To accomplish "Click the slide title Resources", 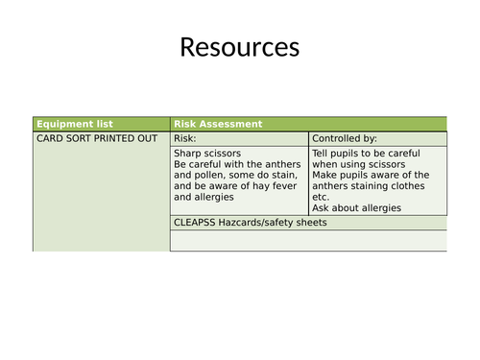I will coord(239,47).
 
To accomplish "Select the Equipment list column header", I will coord(74,124).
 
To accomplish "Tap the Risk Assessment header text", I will coord(217,124).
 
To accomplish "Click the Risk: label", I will coord(184,138).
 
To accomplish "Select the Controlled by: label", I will coord(345,138).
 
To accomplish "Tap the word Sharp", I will coord(189,153).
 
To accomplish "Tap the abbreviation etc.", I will coord(322,197).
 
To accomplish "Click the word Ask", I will coord(322,208).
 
